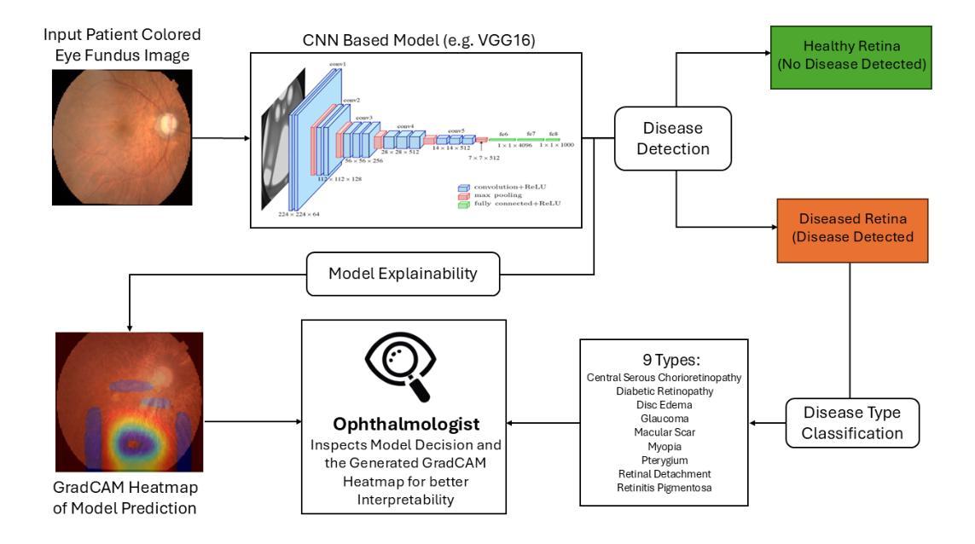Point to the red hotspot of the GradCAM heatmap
[x=130, y=445]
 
